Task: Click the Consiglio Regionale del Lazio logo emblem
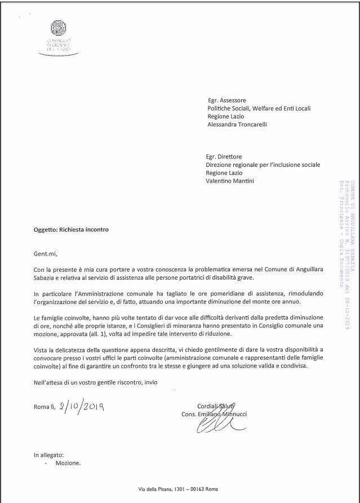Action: pyautogui.click(x=59, y=28)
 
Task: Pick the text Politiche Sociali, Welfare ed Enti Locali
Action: pyautogui.click(x=259, y=108)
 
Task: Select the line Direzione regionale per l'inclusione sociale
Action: pyautogui.click(x=263, y=165)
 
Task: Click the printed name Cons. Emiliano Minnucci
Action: pyautogui.click(x=214, y=414)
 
